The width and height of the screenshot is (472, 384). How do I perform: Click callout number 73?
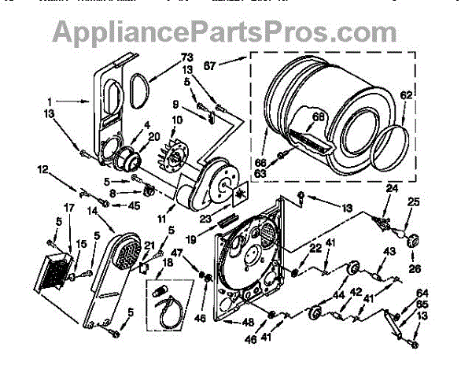click(187, 57)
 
